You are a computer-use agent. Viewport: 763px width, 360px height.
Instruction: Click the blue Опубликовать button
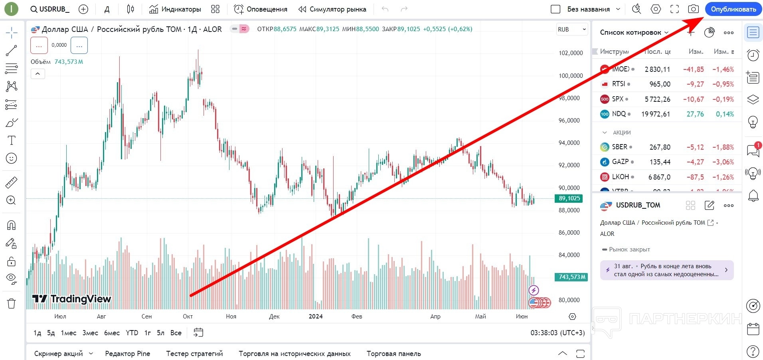point(733,9)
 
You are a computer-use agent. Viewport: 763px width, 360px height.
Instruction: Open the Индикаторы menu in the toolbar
point(175,9)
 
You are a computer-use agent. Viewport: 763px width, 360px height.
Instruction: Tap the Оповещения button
point(261,9)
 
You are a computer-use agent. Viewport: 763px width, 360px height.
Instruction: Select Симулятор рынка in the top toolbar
point(332,9)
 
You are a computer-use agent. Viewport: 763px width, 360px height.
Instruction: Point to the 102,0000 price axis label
point(570,53)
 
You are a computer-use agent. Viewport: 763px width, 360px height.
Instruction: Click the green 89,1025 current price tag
point(569,198)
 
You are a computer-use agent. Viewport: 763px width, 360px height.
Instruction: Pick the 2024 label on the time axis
point(316,316)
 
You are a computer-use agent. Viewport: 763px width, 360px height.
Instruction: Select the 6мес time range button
point(112,333)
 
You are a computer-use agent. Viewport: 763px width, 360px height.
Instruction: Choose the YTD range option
point(132,333)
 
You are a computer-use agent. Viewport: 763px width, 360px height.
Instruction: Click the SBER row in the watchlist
point(666,147)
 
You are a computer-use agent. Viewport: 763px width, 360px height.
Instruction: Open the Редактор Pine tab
point(127,354)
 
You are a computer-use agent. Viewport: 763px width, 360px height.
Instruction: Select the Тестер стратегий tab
point(194,354)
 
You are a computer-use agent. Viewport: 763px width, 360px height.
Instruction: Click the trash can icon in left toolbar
point(12,304)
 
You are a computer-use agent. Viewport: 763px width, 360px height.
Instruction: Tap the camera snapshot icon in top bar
point(694,9)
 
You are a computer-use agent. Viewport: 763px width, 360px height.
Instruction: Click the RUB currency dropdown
point(572,30)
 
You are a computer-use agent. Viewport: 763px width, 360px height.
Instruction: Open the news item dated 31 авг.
point(666,270)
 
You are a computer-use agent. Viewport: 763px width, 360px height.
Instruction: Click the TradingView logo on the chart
point(72,299)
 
